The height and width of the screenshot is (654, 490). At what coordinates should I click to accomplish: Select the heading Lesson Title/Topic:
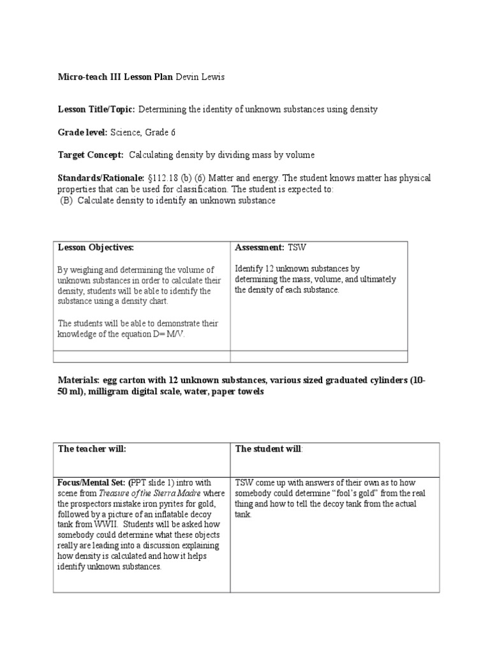click(96, 109)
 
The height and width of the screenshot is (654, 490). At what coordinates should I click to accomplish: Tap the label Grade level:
click(83, 132)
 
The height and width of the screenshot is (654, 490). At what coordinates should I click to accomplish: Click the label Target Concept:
click(91, 155)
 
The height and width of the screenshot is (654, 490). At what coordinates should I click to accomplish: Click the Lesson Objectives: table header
click(96, 247)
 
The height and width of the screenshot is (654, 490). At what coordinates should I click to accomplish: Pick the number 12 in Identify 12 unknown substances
click(270, 269)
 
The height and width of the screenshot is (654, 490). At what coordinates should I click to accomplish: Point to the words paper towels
click(241, 391)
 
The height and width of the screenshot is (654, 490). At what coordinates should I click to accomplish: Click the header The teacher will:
click(92, 449)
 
